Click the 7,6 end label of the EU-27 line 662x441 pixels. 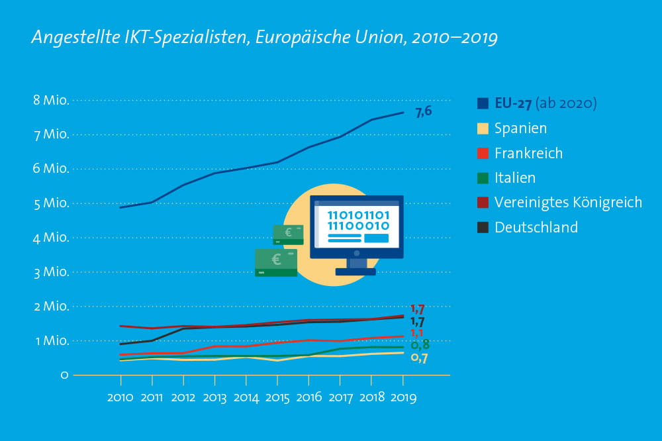(x=423, y=111)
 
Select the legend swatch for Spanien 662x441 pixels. (x=483, y=128)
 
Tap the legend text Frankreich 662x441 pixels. (x=528, y=154)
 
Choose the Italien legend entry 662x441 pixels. (x=515, y=178)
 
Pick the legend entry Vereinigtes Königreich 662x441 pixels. (x=568, y=203)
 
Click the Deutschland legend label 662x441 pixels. (x=536, y=228)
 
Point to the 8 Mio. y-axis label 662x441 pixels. (x=50, y=101)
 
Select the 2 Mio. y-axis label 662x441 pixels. (x=50, y=306)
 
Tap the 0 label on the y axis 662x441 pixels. (x=64, y=375)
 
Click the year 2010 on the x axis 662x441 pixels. (x=120, y=399)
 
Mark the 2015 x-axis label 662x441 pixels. (x=277, y=399)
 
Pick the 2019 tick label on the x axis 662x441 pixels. (x=402, y=399)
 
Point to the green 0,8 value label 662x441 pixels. (x=420, y=345)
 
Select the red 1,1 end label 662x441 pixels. (x=417, y=333)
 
